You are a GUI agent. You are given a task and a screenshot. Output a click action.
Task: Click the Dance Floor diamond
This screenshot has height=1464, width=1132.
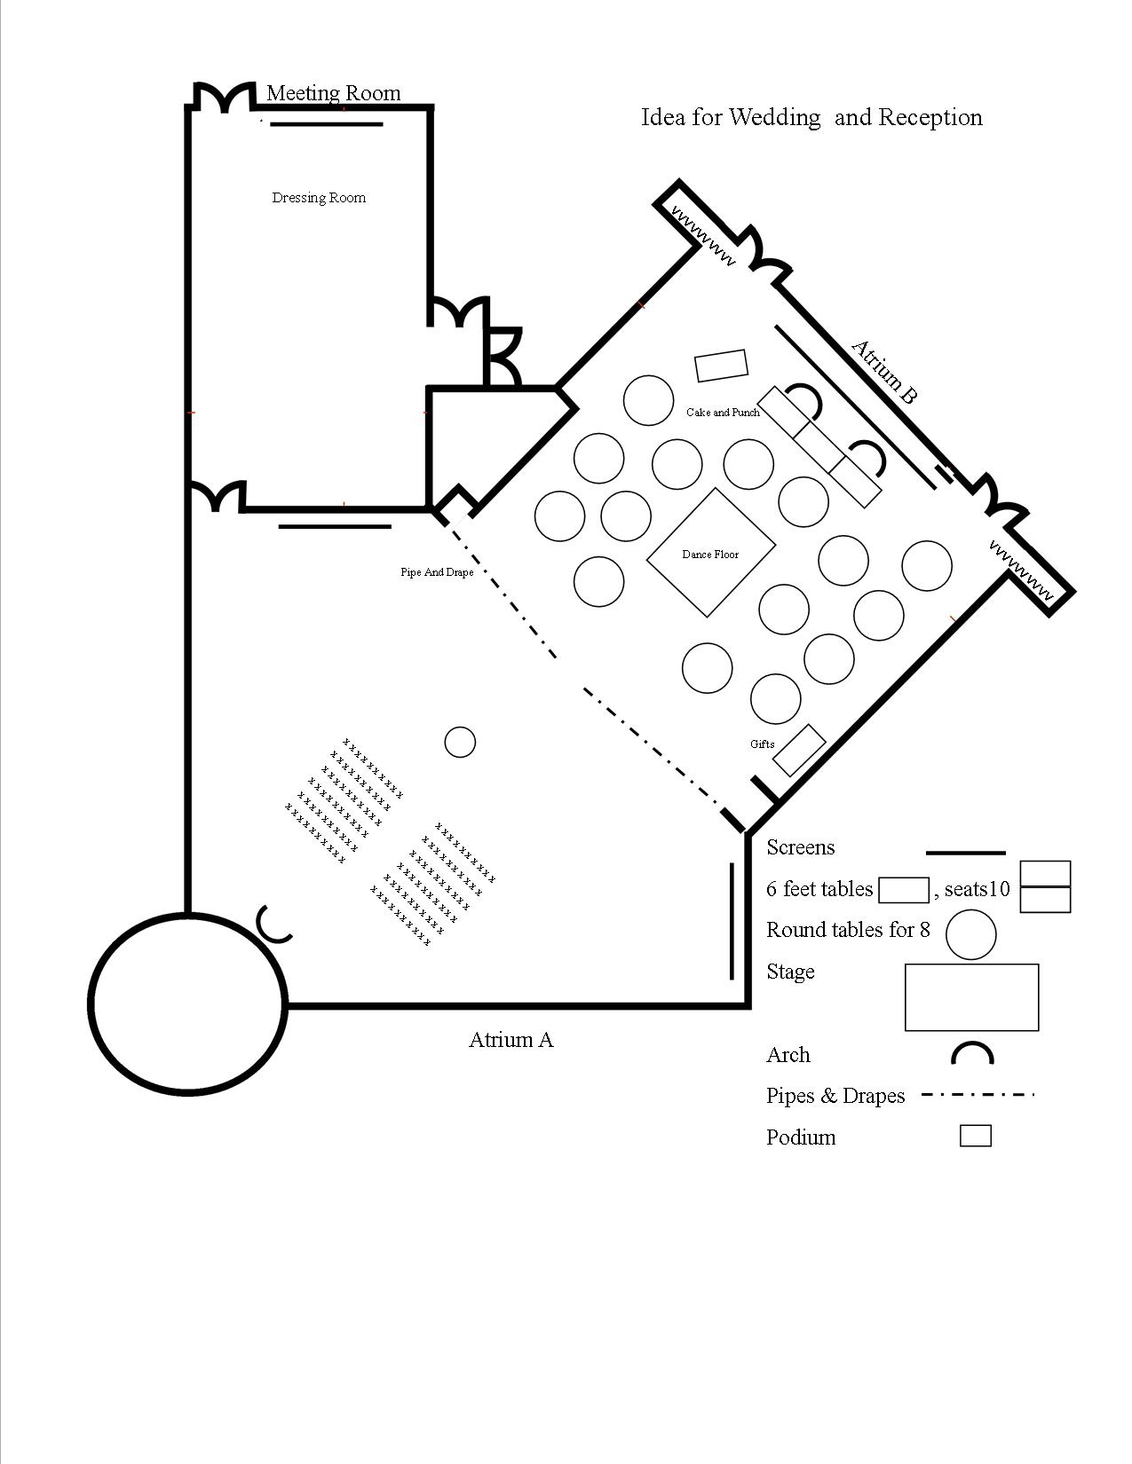tap(711, 553)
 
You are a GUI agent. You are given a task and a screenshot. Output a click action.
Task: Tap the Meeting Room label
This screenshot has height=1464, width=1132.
tap(333, 93)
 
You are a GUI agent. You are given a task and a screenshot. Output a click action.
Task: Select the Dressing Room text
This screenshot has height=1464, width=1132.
tap(319, 198)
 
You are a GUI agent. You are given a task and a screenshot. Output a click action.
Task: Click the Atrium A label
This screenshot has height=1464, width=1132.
tap(511, 1040)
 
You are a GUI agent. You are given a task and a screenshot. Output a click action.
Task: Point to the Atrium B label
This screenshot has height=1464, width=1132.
tap(883, 372)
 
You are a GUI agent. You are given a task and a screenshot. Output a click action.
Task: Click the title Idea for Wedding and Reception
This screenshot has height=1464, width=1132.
tap(811, 117)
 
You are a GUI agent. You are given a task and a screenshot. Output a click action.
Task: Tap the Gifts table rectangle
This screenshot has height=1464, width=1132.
tap(799, 750)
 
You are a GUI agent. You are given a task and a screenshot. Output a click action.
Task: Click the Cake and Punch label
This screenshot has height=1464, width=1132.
tap(723, 413)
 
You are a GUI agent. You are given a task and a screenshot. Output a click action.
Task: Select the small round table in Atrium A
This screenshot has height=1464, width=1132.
tap(459, 742)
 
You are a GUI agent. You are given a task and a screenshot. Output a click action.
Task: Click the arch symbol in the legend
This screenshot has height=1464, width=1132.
tap(972, 1054)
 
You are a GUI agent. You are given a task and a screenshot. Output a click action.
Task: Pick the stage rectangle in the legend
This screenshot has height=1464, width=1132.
tap(971, 997)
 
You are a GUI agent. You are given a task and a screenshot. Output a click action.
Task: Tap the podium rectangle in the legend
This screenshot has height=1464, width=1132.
tap(975, 1136)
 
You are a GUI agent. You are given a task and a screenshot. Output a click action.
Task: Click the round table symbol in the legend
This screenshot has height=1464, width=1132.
tap(970, 933)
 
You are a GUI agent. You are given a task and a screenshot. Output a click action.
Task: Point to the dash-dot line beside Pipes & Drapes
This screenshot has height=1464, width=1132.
tap(978, 1096)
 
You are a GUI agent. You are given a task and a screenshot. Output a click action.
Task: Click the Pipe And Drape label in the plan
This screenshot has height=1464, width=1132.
tap(436, 572)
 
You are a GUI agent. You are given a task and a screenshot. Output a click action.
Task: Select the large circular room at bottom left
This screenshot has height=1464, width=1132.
tap(187, 1003)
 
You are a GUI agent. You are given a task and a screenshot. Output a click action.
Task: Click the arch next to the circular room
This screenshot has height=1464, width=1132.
tap(273, 925)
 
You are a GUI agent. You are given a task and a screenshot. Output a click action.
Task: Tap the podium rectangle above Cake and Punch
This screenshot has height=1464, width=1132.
tap(721, 366)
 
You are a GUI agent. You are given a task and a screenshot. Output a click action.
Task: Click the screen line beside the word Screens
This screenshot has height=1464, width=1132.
tap(965, 854)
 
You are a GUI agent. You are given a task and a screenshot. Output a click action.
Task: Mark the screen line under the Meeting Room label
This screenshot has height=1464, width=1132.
tap(326, 125)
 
